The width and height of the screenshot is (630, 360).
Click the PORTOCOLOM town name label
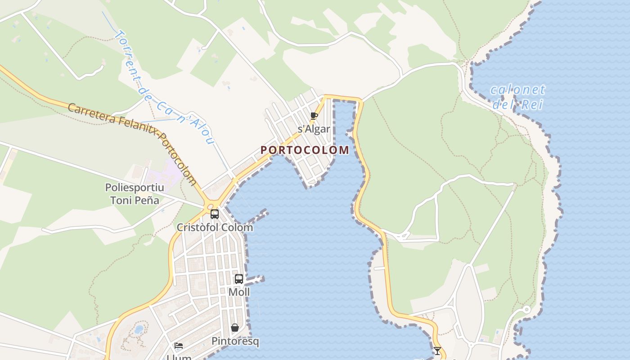[305, 150]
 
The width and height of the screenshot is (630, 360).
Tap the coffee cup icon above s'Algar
[314, 116]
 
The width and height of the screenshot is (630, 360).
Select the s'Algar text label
[314, 129]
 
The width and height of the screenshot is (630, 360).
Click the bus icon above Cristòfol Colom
[215, 214]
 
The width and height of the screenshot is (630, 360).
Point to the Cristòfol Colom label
[215, 227]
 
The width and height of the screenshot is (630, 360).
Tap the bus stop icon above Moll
[239, 279]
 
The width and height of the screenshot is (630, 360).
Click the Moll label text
[239, 292]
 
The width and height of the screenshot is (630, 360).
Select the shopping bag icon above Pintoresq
[234, 328]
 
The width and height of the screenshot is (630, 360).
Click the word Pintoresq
[235, 342]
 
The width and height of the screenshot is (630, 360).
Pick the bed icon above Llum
[179, 346]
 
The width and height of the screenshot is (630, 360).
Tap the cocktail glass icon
[437, 351]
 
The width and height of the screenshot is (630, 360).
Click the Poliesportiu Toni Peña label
[134, 193]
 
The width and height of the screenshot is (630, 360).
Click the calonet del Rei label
[517, 97]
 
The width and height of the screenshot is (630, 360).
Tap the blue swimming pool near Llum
[139, 329]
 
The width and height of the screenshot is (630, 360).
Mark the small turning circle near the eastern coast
[526, 310]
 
